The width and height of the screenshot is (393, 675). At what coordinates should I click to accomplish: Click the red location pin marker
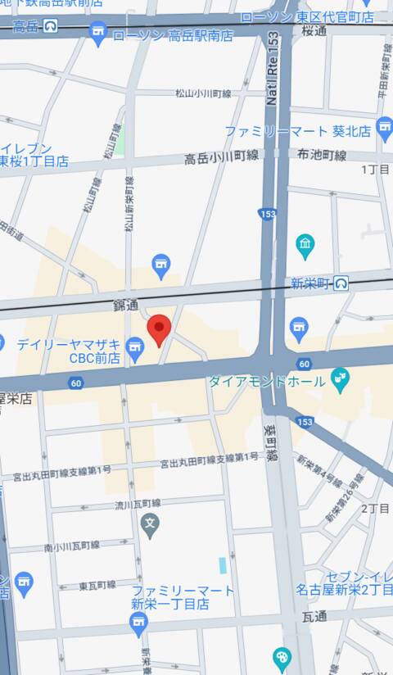[x=158, y=329]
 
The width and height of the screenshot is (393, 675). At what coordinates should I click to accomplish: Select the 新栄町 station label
[x=309, y=283]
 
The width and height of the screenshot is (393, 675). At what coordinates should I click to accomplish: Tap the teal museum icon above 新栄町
[x=305, y=244]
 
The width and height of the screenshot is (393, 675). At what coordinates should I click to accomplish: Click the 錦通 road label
[x=126, y=304]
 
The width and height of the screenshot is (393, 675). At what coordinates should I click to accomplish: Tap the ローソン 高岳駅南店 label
[x=172, y=35]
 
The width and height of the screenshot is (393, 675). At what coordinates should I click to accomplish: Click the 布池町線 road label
[x=322, y=155]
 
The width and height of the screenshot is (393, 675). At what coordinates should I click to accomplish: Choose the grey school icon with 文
[x=150, y=522]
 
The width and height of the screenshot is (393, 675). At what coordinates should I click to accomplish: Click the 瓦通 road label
[x=314, y=615]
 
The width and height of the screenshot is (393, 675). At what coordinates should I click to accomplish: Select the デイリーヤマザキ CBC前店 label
[x=69, y=351]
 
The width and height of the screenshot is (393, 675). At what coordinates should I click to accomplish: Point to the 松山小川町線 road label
[x=203, y=93]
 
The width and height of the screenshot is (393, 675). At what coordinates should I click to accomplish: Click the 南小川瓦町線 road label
[x=71, y=545]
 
